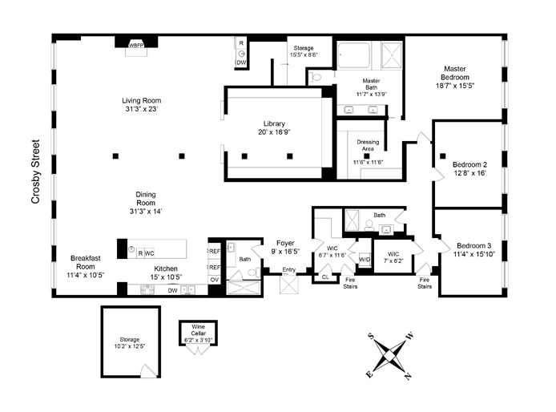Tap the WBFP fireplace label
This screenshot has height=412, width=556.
click(x=137, y=46)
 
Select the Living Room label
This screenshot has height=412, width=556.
click(x=142, y=105)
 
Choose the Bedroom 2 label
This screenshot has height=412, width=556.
click(x=469, y=168)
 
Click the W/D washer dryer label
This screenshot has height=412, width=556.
click(x=365, y=259)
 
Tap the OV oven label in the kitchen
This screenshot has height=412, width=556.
click(x=214, y=279)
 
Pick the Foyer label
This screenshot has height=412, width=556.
click(x=286, y=244)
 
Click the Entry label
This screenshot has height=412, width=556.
click(x=288, y=270)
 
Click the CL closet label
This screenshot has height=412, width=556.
click(x=325, y=277)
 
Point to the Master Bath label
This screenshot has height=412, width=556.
click(x=371, y=85)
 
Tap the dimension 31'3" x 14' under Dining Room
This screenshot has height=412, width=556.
click(x=142, y=212)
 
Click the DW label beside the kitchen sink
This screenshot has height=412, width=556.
click(x=172, y=290)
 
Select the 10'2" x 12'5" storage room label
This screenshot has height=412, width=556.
click(x=130, y=346)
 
